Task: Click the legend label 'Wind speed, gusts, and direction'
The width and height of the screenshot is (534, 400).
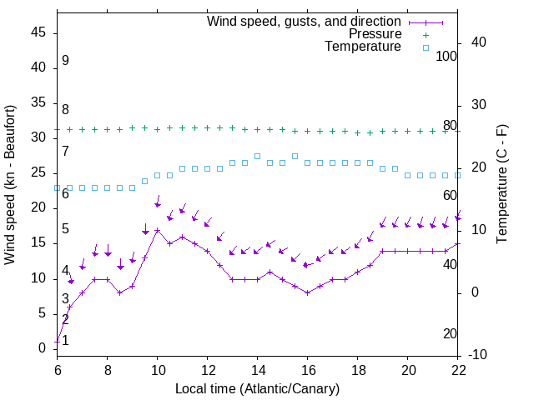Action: coord(304,21)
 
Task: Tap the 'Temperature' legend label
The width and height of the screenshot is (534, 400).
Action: coord(363,47)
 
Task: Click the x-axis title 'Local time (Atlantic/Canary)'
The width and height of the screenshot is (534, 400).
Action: coord(257,388)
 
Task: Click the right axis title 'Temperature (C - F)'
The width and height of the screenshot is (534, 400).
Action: coord(501,185)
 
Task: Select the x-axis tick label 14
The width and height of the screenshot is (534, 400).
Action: coord(257,369)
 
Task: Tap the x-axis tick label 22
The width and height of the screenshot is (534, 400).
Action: coord(458,369)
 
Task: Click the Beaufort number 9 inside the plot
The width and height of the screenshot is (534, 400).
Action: coord(65,61)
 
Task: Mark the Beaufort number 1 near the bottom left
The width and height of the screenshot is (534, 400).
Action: coord(65,340)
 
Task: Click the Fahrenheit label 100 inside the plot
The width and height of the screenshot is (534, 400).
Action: coord(447,56)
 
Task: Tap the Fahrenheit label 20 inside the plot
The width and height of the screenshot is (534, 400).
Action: coord(451,333)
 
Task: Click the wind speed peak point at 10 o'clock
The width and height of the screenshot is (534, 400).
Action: coord(157,230)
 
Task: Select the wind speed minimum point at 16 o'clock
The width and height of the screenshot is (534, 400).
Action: coord(307,292)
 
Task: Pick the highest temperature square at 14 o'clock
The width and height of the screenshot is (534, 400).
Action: coord(257,156)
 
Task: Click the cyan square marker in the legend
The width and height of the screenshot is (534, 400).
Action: coord(425,47)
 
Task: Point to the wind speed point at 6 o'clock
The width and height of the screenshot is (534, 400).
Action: coord(57,342)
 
